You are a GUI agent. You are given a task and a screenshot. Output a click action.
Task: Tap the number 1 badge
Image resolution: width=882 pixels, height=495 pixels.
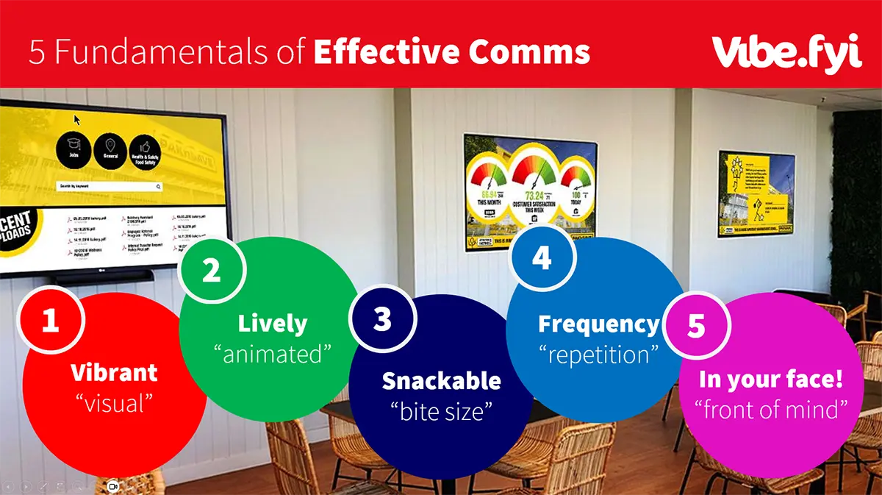(x=50, y=321)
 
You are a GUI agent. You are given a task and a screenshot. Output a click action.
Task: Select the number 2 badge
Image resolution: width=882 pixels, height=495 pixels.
(x=211, y=271)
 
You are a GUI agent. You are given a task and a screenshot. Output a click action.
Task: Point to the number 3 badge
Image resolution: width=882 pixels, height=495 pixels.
(x=383, y=318)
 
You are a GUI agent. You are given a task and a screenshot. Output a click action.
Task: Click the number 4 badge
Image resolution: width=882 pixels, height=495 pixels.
(x=542, y=258)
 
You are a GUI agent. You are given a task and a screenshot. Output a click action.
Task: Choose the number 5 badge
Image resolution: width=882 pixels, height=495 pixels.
(x=696, y=326)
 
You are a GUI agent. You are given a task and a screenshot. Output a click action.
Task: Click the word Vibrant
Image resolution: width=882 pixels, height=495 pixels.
(x=114, y=372)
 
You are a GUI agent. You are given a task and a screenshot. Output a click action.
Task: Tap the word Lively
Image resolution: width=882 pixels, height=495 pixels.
(x=272, y=324)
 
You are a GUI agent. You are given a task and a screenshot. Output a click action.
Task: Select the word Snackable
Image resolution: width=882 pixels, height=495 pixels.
(x=441, y=380)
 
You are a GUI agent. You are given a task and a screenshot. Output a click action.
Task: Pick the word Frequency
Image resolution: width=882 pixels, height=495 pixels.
(x=599, y=324)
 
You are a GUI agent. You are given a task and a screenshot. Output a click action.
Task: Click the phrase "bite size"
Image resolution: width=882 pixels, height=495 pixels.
(x=441, y=411)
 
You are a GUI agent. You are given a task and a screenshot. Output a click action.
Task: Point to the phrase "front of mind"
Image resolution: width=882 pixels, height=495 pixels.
(x=771, y=409)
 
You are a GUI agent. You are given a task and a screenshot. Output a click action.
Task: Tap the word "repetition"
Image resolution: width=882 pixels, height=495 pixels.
(x=599, y=355)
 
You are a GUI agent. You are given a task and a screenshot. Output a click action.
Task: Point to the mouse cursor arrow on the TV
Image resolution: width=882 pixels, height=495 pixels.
(x=76, y=119)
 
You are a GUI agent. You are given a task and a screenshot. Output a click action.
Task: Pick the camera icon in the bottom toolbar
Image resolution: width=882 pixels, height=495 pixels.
(x=113, y=486)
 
